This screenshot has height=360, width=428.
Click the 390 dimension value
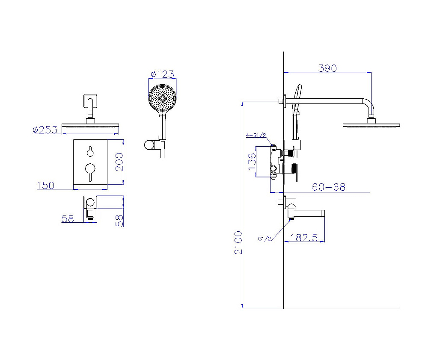[327, 68]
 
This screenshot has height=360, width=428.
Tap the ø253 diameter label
[45, 130]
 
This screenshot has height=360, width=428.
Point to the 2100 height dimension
[238, 242]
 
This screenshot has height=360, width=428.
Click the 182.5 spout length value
[304, 237]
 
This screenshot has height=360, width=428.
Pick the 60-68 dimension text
[328, 187]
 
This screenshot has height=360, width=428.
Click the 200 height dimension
[119, 162]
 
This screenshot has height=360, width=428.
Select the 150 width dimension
[46, 186]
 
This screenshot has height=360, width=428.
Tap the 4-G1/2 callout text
[256, 136]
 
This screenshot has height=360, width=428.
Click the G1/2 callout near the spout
[265, 239]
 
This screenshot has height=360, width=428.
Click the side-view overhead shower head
[371, 125]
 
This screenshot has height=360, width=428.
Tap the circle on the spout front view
[90, 203]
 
